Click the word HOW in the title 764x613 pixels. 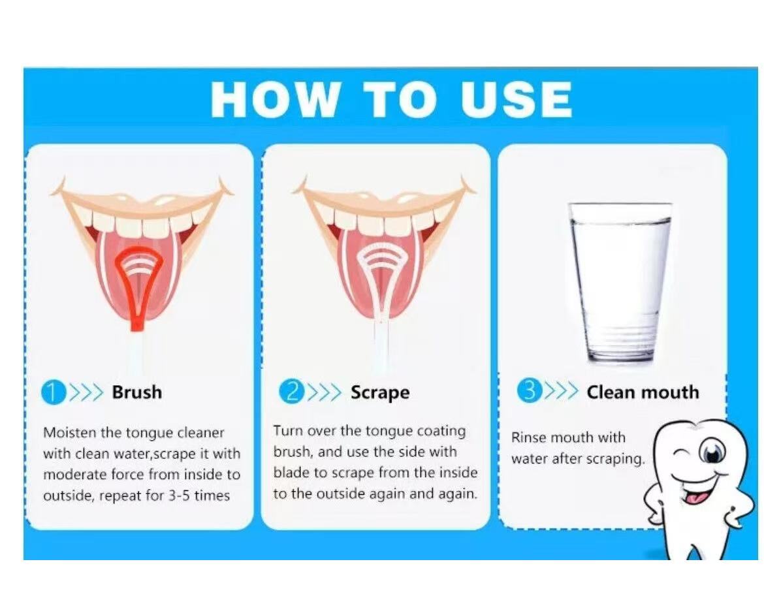click(x=274, y=99)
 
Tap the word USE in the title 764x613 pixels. click(x=516, y=99)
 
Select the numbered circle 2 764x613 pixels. click(x=291, y=392)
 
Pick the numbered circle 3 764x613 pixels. click(x=529, y=391)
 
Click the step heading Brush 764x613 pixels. click(x=137, y=392)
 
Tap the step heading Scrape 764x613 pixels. click(x=380, y=393)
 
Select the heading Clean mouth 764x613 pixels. click(x=643, y=392)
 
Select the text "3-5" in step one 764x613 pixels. click(x=179, y=495)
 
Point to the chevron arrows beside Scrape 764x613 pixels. click(x=325, y=392)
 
